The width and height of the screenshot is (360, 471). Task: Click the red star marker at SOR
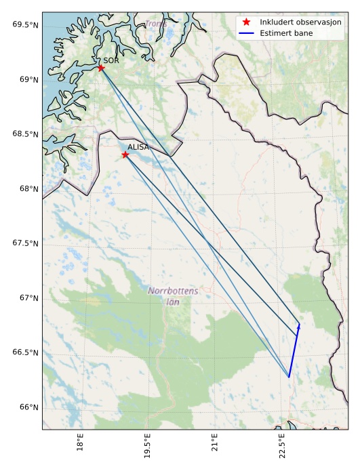(101, 68)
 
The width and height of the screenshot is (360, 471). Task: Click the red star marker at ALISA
(125, 155)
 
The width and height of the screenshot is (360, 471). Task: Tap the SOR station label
(111, 60)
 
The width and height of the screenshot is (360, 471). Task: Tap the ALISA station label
(138, 147)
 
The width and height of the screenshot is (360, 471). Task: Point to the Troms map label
(155, 24)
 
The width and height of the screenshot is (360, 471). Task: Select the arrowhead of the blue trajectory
(299, 326)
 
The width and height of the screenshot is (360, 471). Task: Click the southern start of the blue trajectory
(289, 377)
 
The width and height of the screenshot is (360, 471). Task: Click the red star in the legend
(247, 22)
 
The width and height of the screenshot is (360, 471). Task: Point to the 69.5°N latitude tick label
(24, 25)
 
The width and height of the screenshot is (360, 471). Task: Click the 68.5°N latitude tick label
(24, 134)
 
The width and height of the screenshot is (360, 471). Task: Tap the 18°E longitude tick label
(80, 449)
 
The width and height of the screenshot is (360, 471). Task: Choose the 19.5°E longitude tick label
(146, 449)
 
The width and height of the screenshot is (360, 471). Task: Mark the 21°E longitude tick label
(215, 449)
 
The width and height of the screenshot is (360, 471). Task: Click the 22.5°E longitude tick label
(281, 449)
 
